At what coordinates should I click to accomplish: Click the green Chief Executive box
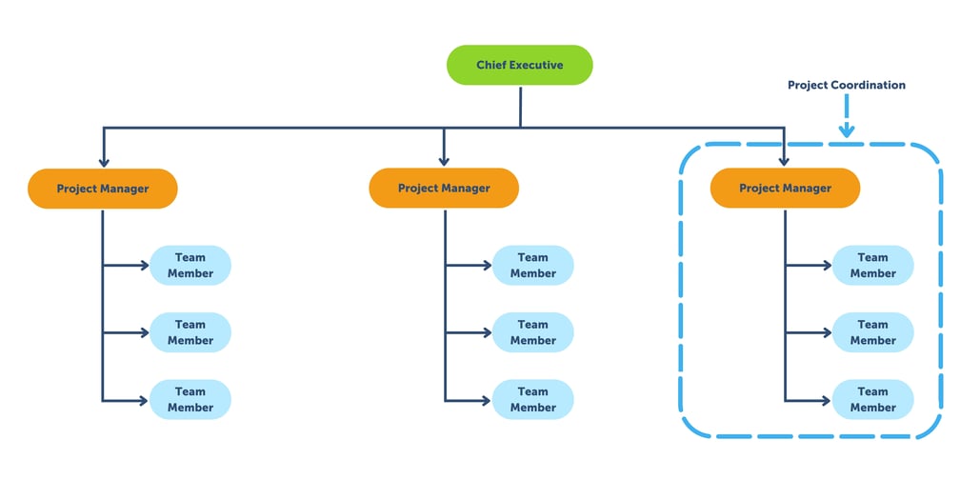pos(520,65)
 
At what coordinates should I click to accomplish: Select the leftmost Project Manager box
pos(103,189)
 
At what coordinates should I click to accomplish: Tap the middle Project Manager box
pos(444,189)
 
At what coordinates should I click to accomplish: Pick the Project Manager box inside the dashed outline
pos(785,189)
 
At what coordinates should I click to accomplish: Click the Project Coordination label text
pos(846,85)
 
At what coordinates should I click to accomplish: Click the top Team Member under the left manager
pos(190,265)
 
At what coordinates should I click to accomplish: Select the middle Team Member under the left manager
pos(190,332)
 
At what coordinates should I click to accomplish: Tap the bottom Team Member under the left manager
pos(190,399)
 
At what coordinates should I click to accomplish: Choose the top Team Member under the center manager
pos(532,265)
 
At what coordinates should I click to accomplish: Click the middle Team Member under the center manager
pos(532,332)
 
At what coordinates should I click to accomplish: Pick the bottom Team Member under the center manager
pos(532,399)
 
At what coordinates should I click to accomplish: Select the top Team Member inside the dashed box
pos(872,265)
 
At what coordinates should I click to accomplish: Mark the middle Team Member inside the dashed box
pos(872,332)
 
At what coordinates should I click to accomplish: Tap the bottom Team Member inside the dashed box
pos(872,399)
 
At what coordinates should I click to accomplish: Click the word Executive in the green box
pos(533,65)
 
